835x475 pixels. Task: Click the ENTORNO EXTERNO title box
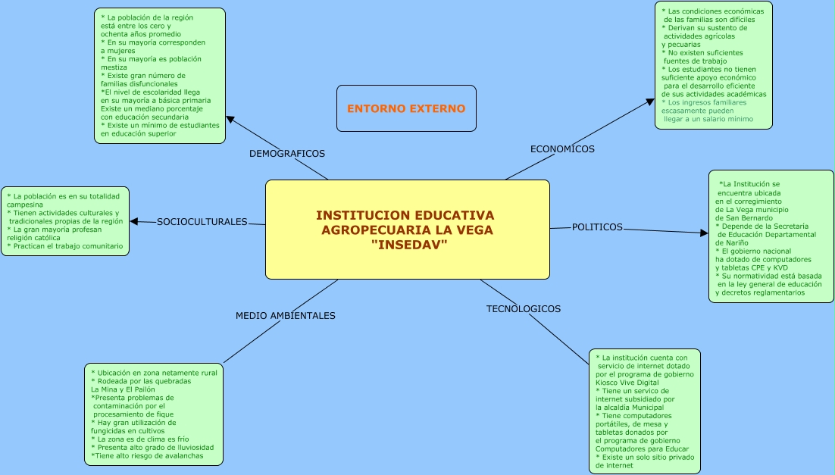point(406,108)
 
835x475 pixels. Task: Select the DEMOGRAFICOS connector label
point(287,154)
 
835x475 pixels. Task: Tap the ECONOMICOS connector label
point(562,149)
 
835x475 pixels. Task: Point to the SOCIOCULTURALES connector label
point(202,222)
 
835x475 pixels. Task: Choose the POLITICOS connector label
point(597,227)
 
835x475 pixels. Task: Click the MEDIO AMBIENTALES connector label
point(285,316)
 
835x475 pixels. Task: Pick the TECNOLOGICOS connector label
point(524,309)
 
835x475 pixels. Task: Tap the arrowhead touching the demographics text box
point(230,120)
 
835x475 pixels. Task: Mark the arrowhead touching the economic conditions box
point(649,101)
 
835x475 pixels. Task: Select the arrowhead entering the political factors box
point(704,233)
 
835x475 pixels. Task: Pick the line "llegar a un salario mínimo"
point(708,119)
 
